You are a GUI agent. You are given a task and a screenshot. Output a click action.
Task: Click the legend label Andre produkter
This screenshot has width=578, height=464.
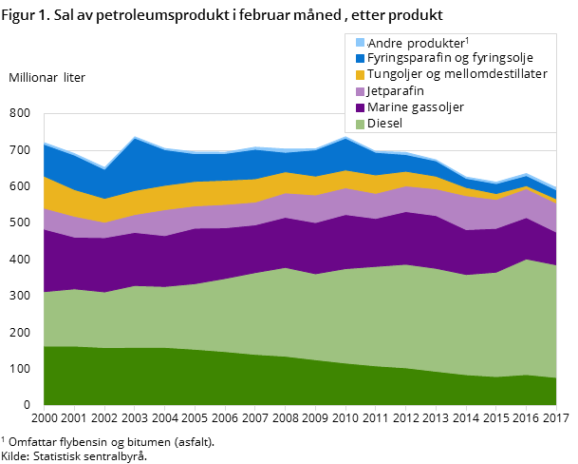(416, 43)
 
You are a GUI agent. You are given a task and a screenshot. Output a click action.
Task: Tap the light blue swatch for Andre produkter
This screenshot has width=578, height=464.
(360, 43)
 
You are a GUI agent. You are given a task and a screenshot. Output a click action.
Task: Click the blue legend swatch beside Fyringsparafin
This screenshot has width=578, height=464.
(360, 58)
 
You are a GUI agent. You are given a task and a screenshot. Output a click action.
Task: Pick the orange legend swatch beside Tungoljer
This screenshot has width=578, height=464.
(360, 74)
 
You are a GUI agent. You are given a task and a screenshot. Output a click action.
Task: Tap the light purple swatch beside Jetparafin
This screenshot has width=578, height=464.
(360, 90)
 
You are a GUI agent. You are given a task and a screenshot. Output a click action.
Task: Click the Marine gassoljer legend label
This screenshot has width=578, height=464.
(415, 107)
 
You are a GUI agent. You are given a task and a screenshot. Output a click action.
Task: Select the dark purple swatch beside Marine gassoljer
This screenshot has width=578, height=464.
(360, 107)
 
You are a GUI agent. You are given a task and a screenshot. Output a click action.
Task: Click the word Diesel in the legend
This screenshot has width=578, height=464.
(384, 124)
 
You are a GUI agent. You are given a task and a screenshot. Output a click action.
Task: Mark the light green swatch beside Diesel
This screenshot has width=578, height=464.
(360, 124)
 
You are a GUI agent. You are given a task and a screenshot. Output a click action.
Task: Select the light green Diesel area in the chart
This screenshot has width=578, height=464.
(285, 314)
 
